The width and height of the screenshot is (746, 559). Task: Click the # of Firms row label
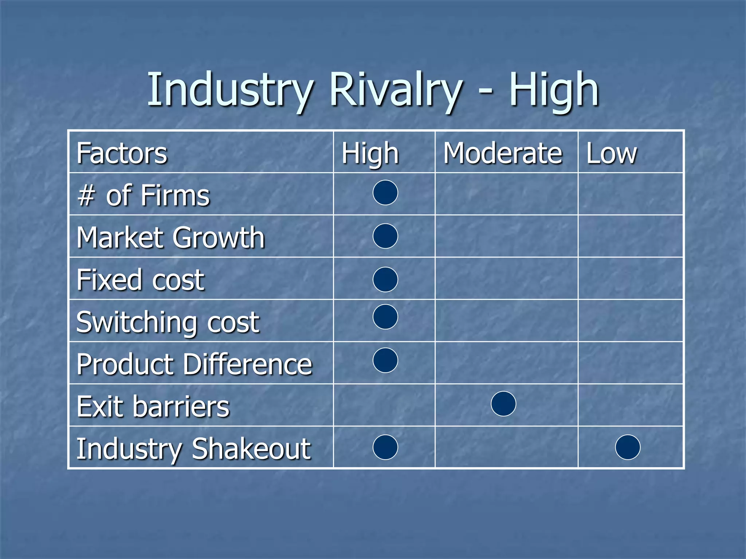[x=144, y=196]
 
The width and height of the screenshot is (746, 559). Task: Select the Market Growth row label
[x=170, y=238]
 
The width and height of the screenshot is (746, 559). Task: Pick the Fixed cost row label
[x=140, y=280]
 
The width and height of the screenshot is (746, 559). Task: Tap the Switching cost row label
[x=168, y=322]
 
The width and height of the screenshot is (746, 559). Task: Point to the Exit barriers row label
[x=153, y=407]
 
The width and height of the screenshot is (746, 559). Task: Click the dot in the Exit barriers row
[x=503, y=404]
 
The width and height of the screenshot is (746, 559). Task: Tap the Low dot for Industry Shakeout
[x=628, y=447]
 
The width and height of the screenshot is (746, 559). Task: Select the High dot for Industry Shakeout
[x=385, y=447]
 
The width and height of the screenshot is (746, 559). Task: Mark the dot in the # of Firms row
[x=385, y=193]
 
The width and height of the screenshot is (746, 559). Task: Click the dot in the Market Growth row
[x=385, y=236]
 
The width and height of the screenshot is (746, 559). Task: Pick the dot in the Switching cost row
[x=385, y=317]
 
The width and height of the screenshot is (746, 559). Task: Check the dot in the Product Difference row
[x=385, y=360]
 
